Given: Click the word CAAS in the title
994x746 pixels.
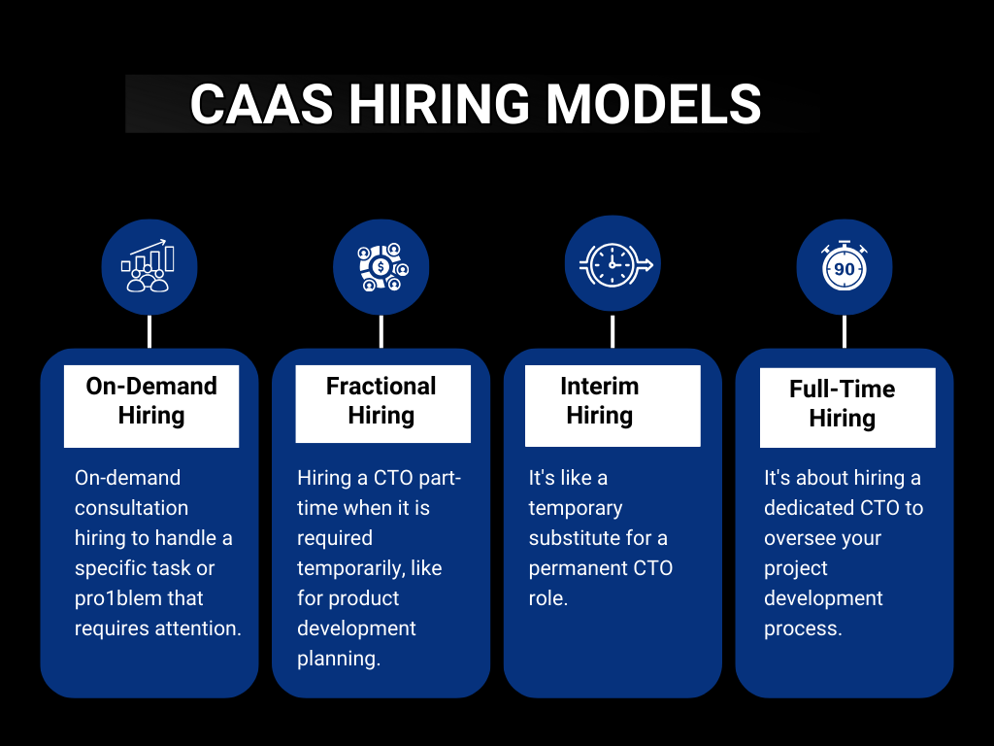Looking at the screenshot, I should point(256,104).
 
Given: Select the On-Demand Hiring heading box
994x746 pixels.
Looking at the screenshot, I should point(151,401).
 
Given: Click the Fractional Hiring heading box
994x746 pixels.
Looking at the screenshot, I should point(381,401).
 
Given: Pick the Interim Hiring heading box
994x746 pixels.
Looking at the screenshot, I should point(600,401).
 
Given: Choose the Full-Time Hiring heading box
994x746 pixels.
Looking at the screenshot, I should point(843,404).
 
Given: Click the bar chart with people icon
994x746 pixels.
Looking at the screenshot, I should point(149,265).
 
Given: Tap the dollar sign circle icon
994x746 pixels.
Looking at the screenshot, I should point(381,265).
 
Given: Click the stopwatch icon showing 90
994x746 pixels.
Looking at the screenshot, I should point(844,265).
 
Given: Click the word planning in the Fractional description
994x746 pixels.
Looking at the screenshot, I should point(338,659).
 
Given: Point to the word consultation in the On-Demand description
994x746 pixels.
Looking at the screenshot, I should point(131,508).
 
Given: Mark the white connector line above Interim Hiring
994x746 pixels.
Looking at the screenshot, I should point(613,331).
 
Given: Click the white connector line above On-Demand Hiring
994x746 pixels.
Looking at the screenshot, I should point(149,331).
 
